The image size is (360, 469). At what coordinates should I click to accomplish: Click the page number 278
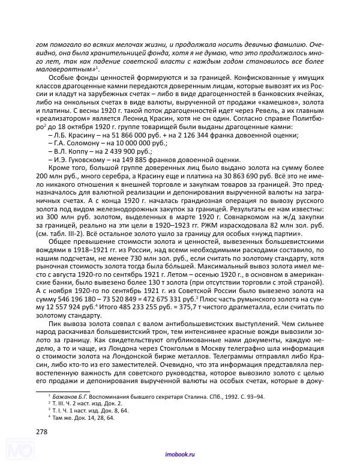(43, 431)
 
